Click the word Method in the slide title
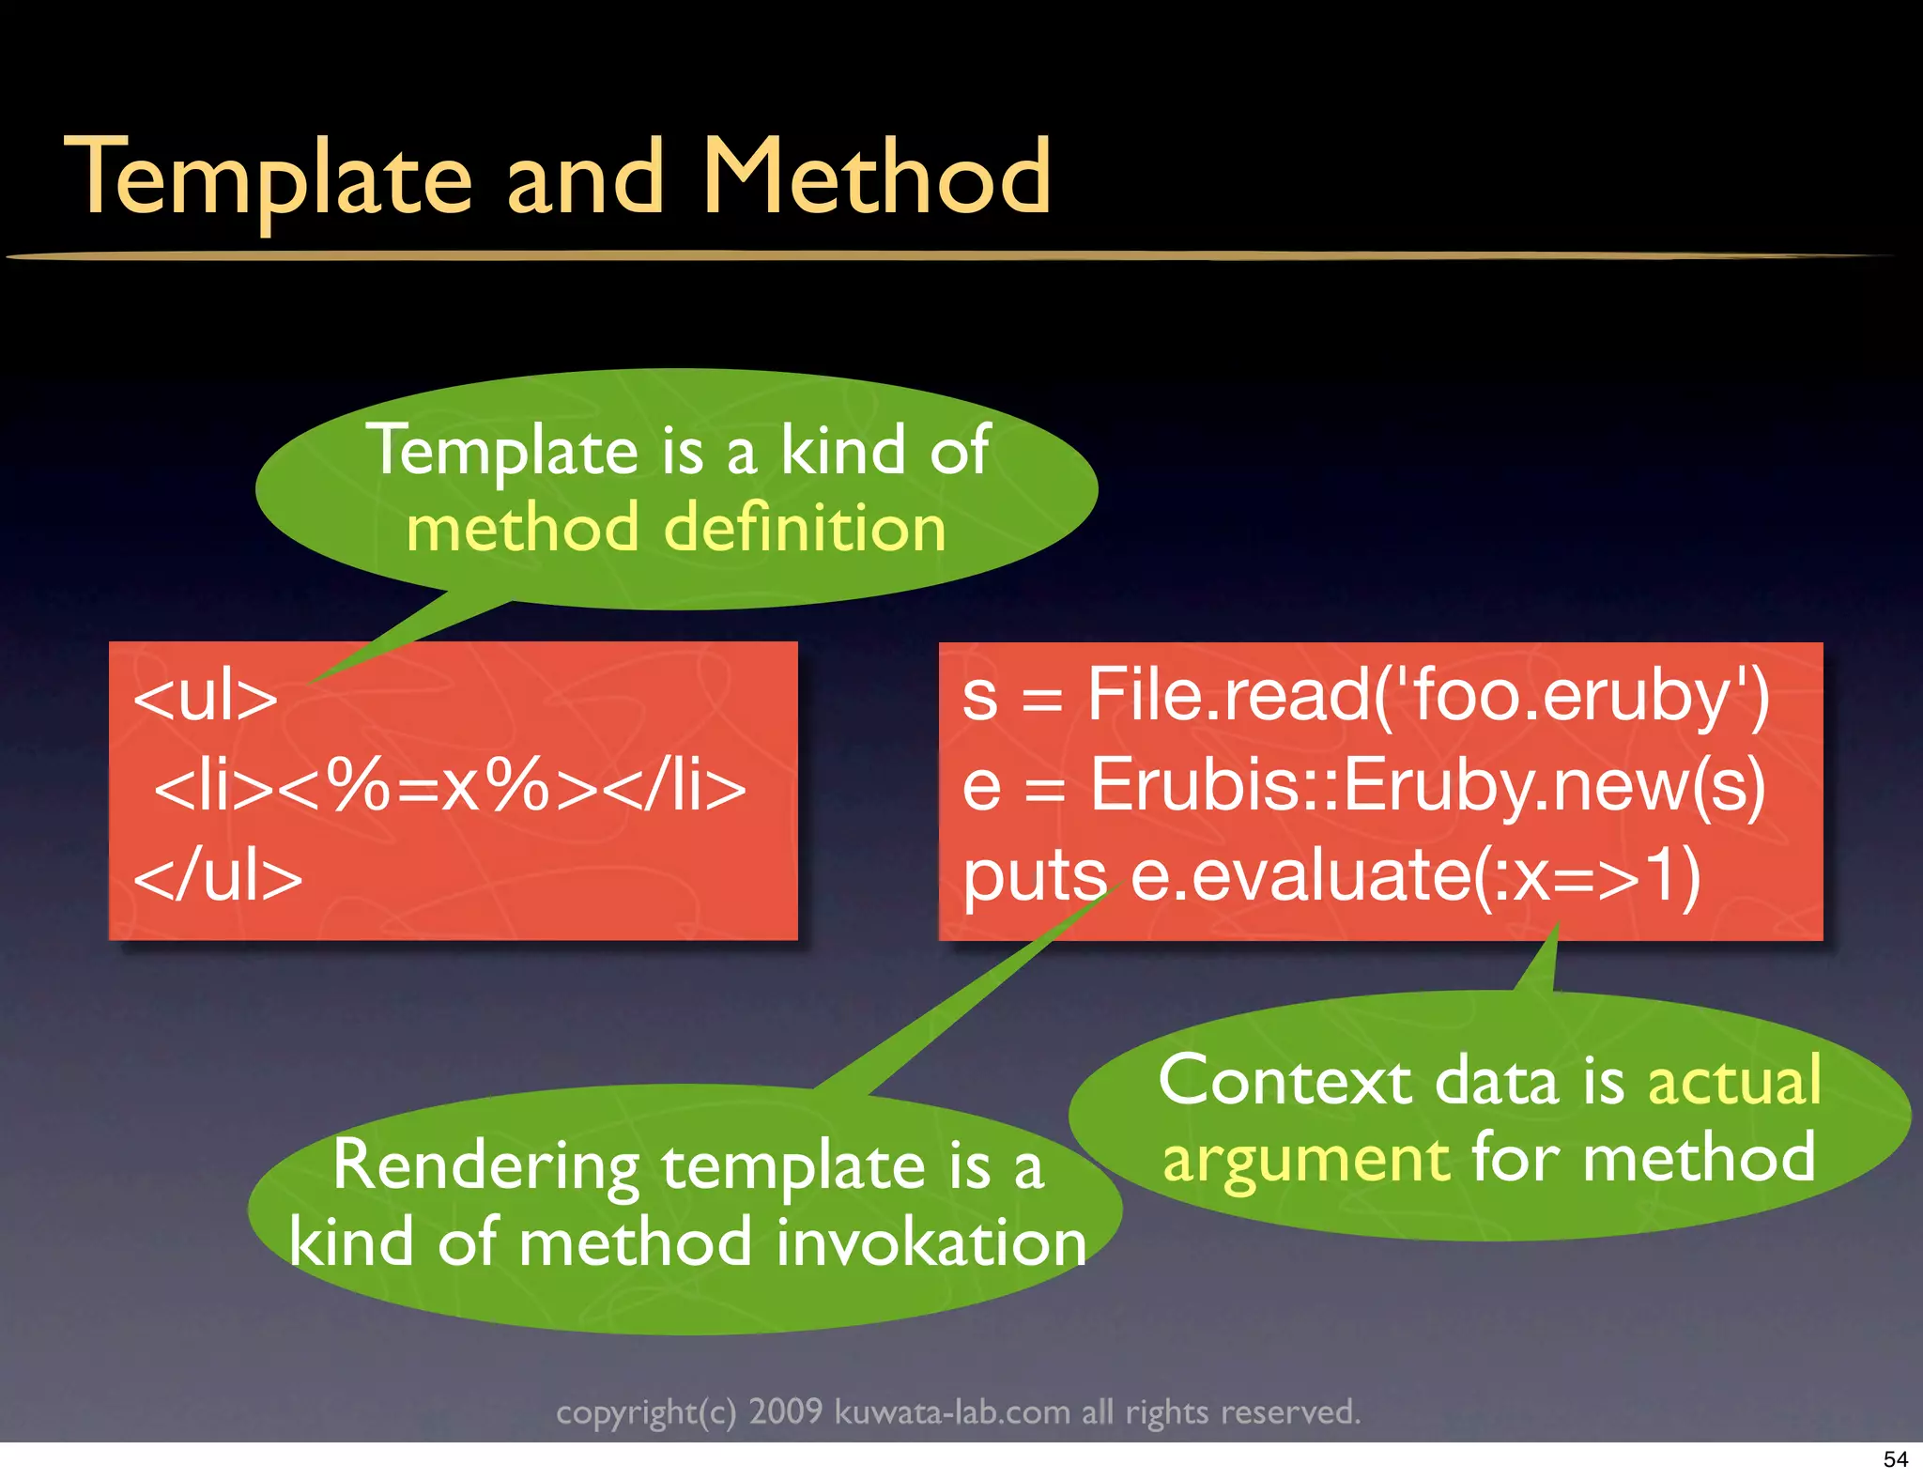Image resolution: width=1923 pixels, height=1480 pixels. (876, 176)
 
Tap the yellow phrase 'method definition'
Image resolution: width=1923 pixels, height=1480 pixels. (676, 529)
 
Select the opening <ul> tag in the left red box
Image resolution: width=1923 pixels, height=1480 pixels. (206, 698)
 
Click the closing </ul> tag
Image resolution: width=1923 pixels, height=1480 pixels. (218, 876)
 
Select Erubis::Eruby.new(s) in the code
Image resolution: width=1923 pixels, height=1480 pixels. (1427, 785)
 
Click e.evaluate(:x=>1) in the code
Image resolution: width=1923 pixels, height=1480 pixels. (1416, 876)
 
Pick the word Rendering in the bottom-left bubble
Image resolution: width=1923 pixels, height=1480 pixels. (486, 1167)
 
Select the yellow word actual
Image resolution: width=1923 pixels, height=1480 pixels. (1734, 1081)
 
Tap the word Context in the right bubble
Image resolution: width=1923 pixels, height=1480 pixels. (1285, 1081)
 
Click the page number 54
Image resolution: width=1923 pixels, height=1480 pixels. (1895, 1459)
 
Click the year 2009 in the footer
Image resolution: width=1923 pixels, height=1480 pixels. (785, 1411)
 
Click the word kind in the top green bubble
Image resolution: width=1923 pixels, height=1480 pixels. (842, 451)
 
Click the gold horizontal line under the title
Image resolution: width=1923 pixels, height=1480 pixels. (939, 255)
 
